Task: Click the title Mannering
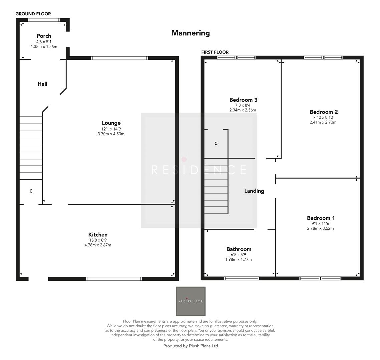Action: point(191,33)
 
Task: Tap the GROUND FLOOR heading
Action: point(33,14)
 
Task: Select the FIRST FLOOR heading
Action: point(215,52)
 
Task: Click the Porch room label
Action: point(44,36)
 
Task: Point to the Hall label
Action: point(42,84)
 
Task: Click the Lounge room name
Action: point(111,123)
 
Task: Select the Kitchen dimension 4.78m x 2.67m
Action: point(98,245)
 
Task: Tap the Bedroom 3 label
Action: point(243,100)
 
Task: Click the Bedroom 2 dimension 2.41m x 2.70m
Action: point(323,122)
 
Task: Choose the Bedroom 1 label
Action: point(321,218)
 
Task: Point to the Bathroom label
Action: point(239,249)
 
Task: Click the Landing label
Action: point(254,191)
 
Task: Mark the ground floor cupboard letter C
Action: point(31,191)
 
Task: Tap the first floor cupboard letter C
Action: point(216,143)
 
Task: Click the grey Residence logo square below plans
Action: point(191,301)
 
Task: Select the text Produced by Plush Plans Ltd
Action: point(191,346)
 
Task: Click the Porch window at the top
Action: point(44,20)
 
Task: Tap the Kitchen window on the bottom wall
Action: point(114,279)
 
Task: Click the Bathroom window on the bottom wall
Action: point(241,278)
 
